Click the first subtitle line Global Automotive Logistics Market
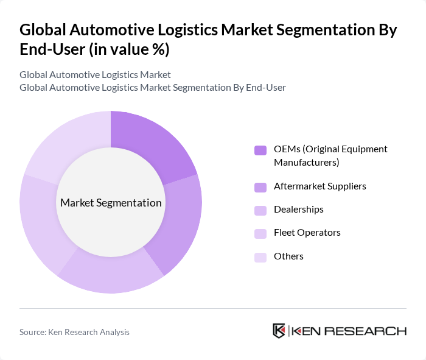95,75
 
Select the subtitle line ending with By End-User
152,88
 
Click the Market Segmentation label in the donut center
111,203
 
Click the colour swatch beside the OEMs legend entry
260,150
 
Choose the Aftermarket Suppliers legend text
319,186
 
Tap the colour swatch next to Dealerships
260,210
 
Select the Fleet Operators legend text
307,233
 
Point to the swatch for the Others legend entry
260,257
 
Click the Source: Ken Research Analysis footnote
74,332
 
